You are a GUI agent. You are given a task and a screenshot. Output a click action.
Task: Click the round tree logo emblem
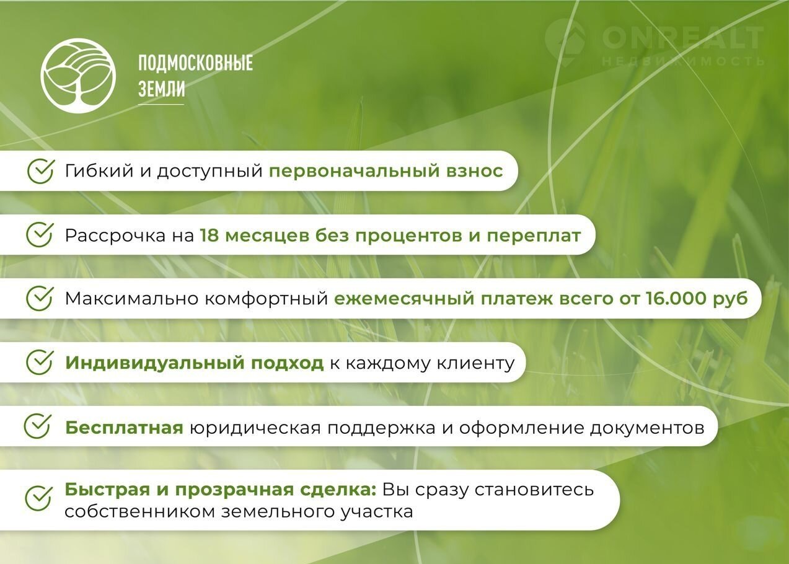click(x=78, y=76)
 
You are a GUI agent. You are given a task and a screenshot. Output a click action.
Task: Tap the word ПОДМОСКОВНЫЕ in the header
click(x=195, y=63)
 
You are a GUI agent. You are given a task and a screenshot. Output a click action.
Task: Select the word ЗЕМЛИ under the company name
click(x=161, y=89)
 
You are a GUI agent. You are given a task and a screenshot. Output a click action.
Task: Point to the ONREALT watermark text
click(x=682, y=38)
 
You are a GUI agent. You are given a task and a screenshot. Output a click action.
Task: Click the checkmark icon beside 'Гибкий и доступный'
click(x=41, y=171)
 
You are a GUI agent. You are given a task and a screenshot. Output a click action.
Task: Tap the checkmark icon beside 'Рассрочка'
click(x=40, y=235)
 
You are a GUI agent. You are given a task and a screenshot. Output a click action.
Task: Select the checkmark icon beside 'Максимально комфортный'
click(x=40, y=298)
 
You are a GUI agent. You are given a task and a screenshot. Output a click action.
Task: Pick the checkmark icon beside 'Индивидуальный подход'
click(x=40, y=362)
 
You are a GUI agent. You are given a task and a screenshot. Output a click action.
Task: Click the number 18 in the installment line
click(x=209, y=236)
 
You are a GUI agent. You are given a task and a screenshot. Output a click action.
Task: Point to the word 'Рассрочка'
click(x=115, y=236)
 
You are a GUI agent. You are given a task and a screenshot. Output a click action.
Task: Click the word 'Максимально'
click(x=132, y=299)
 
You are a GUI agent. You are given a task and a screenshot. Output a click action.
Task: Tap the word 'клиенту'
click(x=476, y=363)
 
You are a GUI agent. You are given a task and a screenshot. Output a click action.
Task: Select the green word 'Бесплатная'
click(x=124, y=428)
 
